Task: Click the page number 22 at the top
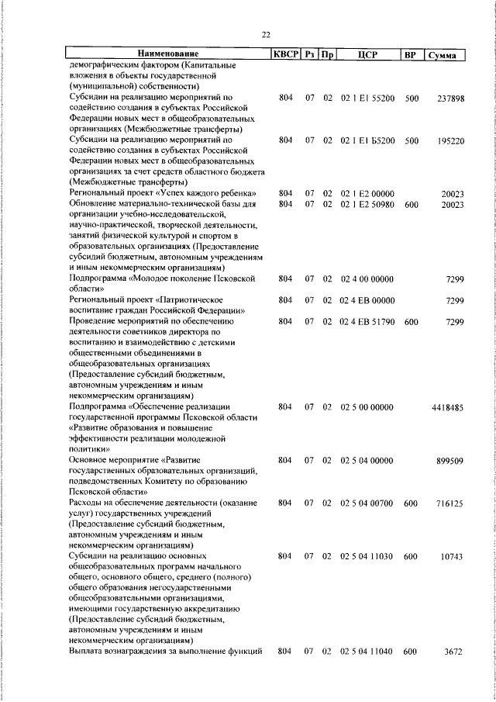click(x=265, y=35)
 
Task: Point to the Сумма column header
click(x=446, y=54)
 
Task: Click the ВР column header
click(x=411, y=54)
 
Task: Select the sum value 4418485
click(x=447, y=406)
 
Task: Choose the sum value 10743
click(x=451, y=556)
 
